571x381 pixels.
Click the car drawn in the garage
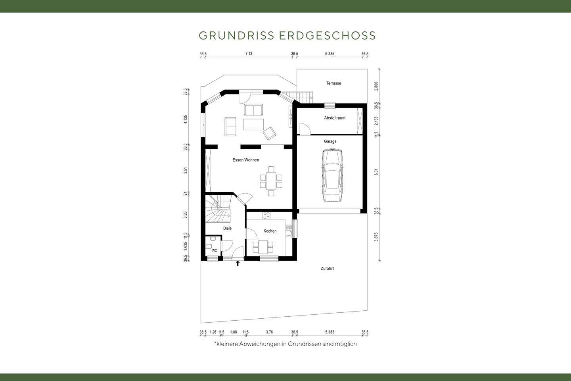point(332,175)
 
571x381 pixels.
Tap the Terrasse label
point(333,83)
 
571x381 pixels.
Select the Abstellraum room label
point(335,118)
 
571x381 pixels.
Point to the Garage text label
point(330,141)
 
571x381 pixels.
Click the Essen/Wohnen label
point(245,160)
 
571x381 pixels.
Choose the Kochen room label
point(270,231)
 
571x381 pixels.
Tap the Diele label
point(227,228)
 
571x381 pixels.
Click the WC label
point(214,251)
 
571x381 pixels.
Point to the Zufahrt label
point(327,269)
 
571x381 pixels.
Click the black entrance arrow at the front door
point(238,263)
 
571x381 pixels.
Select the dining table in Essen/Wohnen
point(271,181)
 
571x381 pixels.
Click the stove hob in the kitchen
point(266,216)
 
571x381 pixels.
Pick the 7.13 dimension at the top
point(249,54)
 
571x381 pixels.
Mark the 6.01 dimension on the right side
point(376,172)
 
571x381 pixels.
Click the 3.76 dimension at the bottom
point(270,332)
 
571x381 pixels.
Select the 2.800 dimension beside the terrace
point(376,86)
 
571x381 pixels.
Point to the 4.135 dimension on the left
point(185,119)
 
